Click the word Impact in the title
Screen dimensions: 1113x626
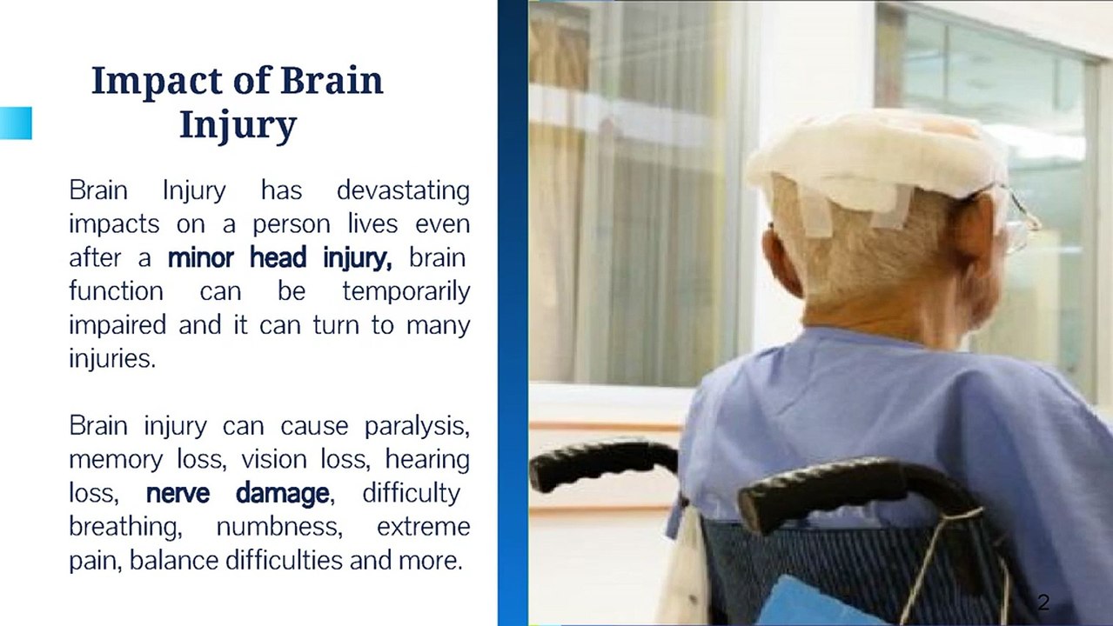157,82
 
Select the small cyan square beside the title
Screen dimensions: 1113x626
16,123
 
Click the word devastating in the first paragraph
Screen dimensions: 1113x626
403,190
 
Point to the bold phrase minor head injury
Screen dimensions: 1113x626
279,257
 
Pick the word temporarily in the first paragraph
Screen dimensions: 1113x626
406,291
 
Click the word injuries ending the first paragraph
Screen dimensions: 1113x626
112,358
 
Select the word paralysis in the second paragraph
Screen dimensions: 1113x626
417,426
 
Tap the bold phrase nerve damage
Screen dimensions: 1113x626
238,494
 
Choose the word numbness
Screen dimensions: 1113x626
279,527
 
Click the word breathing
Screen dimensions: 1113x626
125,527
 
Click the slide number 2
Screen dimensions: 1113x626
1043,603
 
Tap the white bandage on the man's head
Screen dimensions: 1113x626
875,163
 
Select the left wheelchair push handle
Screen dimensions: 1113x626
604,463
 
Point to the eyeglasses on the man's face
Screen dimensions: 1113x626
1019,218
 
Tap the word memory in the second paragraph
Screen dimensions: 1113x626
116,461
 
